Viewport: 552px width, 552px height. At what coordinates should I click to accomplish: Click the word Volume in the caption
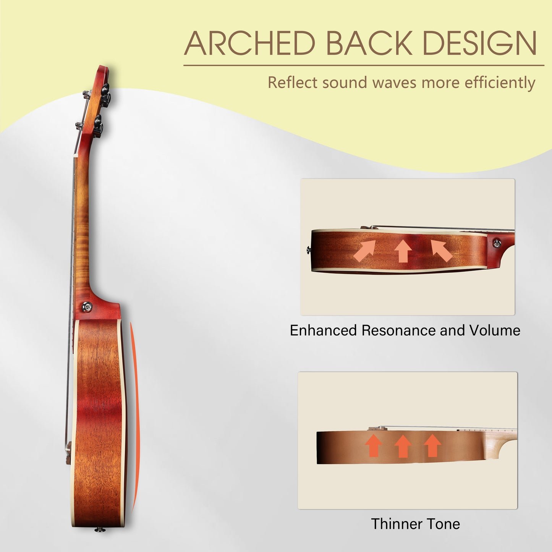pyautogui.click(x=495, y=330)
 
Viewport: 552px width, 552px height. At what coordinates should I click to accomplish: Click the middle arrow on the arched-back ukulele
pyautogui.click(x=403, y=251)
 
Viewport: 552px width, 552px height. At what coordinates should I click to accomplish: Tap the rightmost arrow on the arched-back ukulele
pyautogui.click(x=442, y=251)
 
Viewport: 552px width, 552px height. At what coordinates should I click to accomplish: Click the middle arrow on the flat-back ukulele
pyautogui.click(x=403, y=446)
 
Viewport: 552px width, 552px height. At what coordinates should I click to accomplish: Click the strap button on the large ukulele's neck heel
pyautogui.click(x=86, y=307)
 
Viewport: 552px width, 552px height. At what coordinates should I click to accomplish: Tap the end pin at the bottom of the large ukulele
pyautogui.click(x=100, y=530)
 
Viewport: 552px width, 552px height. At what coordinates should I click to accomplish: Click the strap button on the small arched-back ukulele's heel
pyautogui.click(x=497, y=243)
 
